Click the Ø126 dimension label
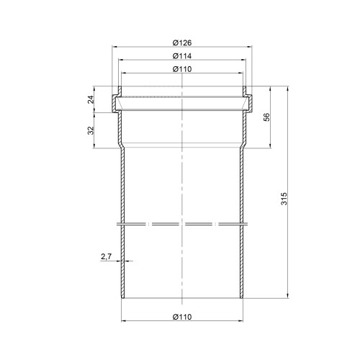coord(182,42)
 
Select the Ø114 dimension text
coord(182,56)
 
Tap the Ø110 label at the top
coord(182,69)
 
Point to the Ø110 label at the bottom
coord(182,317)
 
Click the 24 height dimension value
coord(91,99)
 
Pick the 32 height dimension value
coord(91,130)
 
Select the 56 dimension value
coord(266,117)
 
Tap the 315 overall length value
coord(284,199)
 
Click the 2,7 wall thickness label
coord(106,257)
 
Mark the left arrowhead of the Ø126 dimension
coord(114,48)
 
